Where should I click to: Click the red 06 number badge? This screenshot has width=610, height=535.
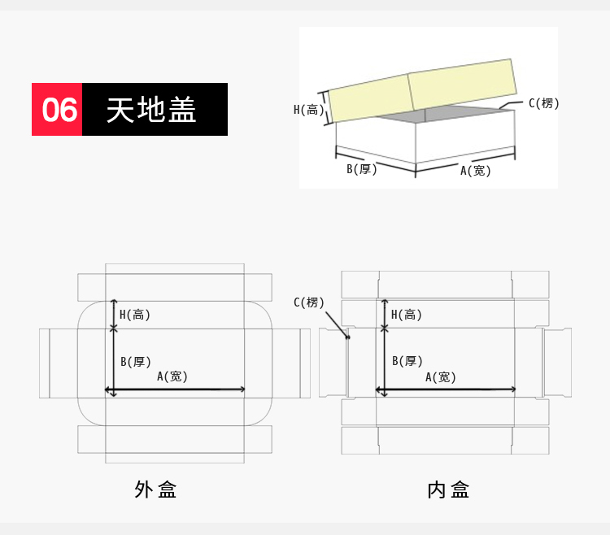pyautogui.click(x=57, y=109)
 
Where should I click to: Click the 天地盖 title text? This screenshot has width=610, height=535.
pyautogui.click(x=151, y=110)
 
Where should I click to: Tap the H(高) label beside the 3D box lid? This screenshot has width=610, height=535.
pyautogui.click(x=309, y=110)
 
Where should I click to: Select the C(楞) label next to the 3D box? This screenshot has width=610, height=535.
pyautogui.click(x=544, y=103)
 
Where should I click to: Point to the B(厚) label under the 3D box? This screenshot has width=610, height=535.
pyautogui.click(x=362, y=169)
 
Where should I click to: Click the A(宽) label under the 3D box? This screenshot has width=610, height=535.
pyautogui.click(x=476, y=171)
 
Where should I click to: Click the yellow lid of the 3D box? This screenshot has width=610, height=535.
pyautogui.click(x=422, y=90)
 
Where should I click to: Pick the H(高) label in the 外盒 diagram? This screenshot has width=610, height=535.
pyautogui.click(x=134, y=315)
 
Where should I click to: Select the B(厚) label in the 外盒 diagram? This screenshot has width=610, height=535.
pyautogui.click(x=135, y=362)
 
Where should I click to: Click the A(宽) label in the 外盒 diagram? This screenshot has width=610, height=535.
pyautogui.click(x=172, y=376)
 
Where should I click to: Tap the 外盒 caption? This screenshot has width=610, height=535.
pyautogui.click(x=155, y=489)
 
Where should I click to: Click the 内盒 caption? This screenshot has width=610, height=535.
pyautogui.click(x=448, y=489)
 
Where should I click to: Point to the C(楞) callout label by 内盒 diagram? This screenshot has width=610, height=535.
pyautogui.click(x=309, y=302)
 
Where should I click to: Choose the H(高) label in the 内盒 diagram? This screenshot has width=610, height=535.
pyautogui.click(x=406, y=315)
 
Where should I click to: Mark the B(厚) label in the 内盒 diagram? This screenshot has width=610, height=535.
pyautogui.click(x=407, y=361)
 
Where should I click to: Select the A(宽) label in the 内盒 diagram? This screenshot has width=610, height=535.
pyautogui.click(x=440, y=377)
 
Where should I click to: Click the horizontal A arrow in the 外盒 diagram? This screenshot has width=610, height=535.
pyautogui.click(x=175, y=389)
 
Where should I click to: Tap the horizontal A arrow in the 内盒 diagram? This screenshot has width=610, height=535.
pyautogui.click(x=446, y=389)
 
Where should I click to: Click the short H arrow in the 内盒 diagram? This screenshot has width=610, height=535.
pyautogui.click(x=385, y=314)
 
